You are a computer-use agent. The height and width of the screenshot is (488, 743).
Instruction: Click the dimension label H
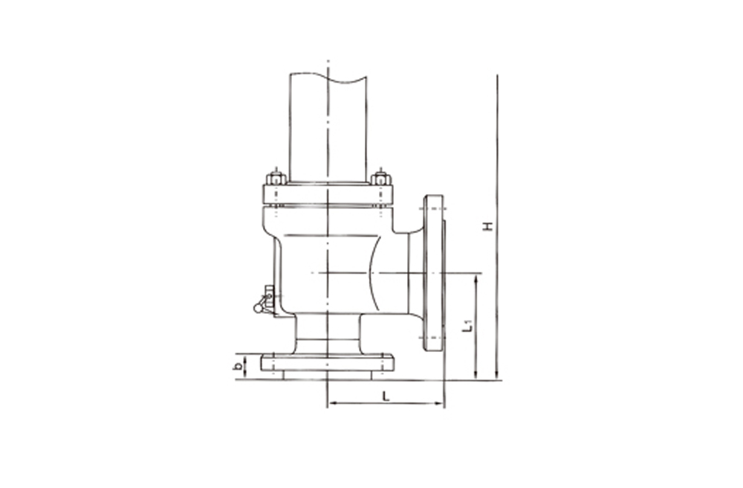click(x=487, y=225)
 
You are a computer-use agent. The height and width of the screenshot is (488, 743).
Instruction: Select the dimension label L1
click(x=467, y=324)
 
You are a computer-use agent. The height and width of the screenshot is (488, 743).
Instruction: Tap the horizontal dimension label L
click(x=386, y=396)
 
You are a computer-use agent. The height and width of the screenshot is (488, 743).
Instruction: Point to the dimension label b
click(x=237, y=366)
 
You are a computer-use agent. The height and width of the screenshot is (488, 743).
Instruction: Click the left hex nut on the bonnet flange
click(x=276, y=179)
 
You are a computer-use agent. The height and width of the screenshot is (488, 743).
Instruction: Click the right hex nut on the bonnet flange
click(x=381, y=179)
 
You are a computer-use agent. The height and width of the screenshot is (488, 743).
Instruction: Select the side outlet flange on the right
click(x=434, y=273)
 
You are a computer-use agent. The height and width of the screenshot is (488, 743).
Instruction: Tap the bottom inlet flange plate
click(x=327, y=363)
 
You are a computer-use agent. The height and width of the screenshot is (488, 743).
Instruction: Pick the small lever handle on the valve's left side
click(x=262, y=302)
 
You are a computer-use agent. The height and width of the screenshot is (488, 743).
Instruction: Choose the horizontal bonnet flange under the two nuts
click(x=327, y=195)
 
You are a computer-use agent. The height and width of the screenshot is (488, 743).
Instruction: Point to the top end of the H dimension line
click(x=496, y=77)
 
